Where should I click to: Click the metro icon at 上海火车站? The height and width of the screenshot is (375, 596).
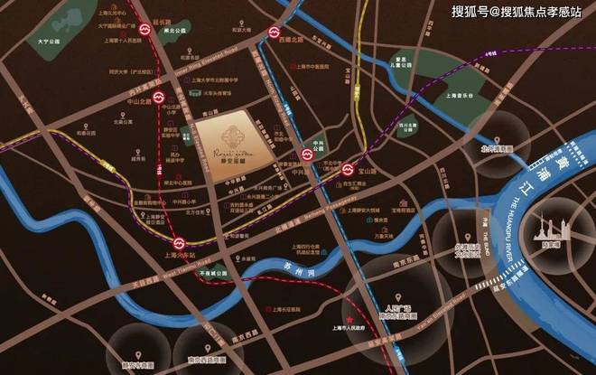(181, 242)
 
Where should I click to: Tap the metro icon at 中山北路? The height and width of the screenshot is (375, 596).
(156, 95)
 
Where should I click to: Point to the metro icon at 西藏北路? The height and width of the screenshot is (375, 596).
(274, 34)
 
